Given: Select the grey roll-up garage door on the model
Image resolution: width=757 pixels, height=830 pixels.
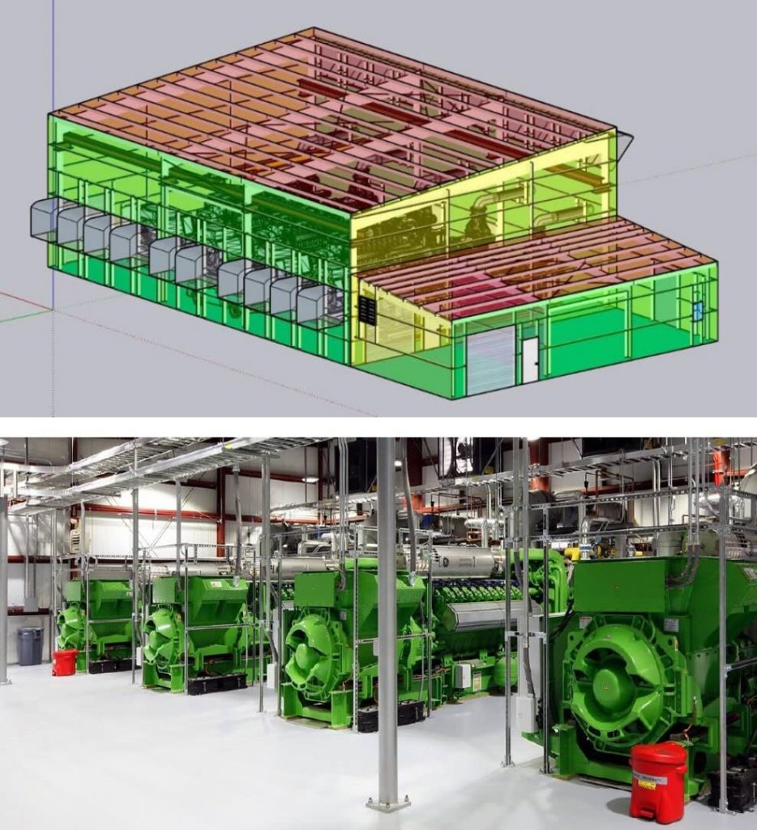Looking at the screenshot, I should click(x=490, y=361).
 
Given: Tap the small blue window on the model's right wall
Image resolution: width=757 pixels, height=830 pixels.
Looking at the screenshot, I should click(x=696, y=310).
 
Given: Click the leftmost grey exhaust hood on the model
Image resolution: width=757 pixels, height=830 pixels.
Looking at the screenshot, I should click(x=45, y=218).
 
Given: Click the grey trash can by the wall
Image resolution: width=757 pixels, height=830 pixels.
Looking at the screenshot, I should click(x=30, y=646).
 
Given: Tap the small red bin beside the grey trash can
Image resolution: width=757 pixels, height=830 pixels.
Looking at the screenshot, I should click(x=64, y=661).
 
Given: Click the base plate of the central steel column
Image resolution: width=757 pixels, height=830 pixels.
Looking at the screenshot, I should click(x=387, y=803).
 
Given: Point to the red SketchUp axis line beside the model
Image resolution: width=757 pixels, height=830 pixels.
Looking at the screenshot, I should click(x=24, y=301).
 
